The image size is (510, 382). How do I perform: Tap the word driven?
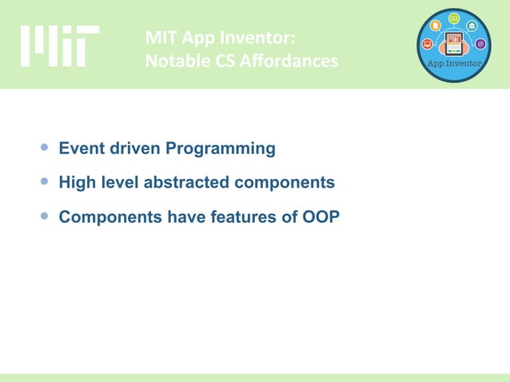(x=133, y=149)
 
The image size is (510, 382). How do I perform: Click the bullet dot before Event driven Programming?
(x=45, y=148)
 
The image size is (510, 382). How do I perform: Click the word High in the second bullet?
(x=78, y=182)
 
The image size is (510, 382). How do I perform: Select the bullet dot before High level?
(x=45, y=181)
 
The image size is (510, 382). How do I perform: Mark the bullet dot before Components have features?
(x=45, y=215)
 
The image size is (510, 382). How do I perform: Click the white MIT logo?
(x=60, y=46)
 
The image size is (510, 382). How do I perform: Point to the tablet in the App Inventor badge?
(x=455, y=43)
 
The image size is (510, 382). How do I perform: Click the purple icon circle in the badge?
(x=480, y=43)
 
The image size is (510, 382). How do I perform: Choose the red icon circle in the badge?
(x=428, y=43)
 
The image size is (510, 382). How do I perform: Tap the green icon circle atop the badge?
(x=454, y=18)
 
